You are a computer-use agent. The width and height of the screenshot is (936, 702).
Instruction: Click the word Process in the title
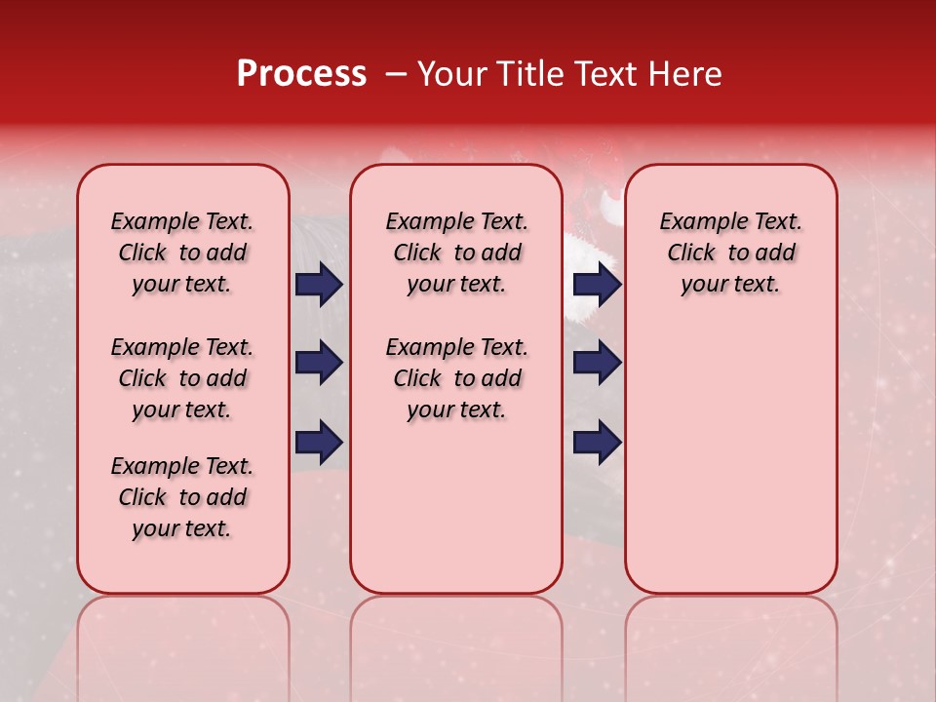pyautogui.click(x=301, y=74)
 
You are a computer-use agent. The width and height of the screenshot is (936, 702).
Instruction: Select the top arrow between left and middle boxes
pyautogui.click(x=319, y=285)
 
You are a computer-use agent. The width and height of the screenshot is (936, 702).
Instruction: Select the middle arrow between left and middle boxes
pyautogui.click(x=319, y=363)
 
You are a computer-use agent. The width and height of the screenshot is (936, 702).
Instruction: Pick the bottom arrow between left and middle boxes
pyautogui.click(x=319, y=442)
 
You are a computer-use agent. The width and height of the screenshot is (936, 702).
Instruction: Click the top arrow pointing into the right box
pyautogui.click(x=597, y=285)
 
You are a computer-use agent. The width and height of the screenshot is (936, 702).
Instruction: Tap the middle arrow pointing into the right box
pyautogui.click(x=597, y=363)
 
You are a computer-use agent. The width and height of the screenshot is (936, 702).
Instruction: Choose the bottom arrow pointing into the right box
pyautogui.click(x=597, y=442)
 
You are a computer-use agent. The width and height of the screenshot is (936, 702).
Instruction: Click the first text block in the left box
pyautogui.click(x=182, y=253)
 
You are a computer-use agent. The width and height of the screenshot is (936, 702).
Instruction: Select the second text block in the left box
pyautogui.click(x=182, y=378)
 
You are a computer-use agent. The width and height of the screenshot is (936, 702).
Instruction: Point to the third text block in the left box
pyautogui.click(x=182, y=497)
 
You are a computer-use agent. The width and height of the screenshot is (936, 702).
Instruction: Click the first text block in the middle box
pyautogui.click(x=456, y=253)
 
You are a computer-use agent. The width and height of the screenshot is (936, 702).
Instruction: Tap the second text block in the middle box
pyautogui.click(x=456, y=378)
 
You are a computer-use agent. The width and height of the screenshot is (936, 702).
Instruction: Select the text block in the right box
pyautogui.click(x=730, y=253)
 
